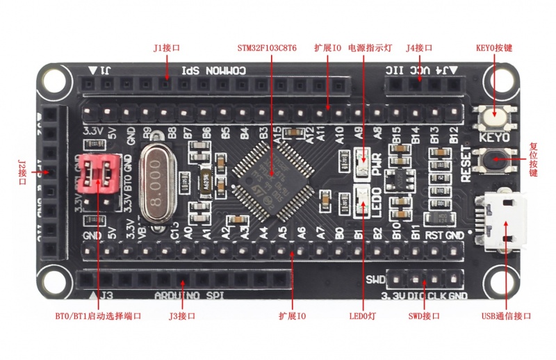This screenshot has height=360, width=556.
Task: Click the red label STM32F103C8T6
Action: coord(267,49)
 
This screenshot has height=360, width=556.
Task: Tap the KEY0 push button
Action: coord(495,114)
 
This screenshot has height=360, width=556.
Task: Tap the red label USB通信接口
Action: coord(506,316)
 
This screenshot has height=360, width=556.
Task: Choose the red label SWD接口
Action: coord(424,316)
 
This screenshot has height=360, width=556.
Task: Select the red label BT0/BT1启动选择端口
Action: coord(98,316)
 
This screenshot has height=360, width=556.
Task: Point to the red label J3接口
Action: coord(182,316)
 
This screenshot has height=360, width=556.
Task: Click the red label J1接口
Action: coord(167,49)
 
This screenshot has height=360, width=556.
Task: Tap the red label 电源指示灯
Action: coord(370,49)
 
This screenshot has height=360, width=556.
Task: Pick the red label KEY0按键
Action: coord(494,49)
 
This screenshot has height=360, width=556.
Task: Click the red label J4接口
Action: coord(419,49)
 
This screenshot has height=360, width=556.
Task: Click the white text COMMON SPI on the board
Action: coord(213,71)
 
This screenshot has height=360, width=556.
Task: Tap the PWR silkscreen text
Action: coord(377,163)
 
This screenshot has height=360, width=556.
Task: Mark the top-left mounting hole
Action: coord(54,77)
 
